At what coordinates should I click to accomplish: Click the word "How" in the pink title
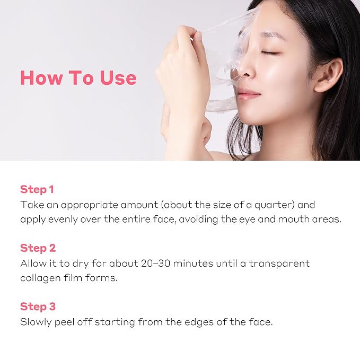coord(41,77)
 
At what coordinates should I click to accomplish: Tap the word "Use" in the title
coord(118,77)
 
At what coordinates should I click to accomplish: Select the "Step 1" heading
coord(37,189)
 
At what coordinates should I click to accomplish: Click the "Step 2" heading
coord(38,248)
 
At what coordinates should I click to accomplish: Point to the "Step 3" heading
coord(38,306)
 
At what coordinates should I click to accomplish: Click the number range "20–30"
coord(155,264)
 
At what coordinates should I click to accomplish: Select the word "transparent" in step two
coord(279,264)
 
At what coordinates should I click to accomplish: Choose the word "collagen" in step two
coord(40,278)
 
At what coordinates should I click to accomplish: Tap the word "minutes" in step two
coord(193,264)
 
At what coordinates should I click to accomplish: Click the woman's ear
coord(327,75)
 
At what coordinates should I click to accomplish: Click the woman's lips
coord(249,94)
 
